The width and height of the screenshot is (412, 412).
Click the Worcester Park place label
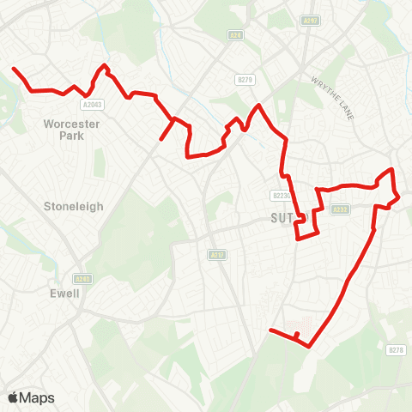click(x=72, y=130)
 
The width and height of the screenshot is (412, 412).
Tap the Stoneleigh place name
click(x=73, y=206)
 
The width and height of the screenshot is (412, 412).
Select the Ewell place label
click(x=64, y=294)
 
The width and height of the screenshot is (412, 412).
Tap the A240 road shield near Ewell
click(x=82, y=279)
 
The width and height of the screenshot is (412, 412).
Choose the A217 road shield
click(x=216, y=255)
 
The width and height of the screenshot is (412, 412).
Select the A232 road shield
click(x=341, y=209)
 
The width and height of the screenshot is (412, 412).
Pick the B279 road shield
click(x=245, y=80)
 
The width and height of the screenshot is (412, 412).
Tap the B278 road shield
click(x=395, y=349)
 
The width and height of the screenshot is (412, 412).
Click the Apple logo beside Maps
click(x=14, y=397)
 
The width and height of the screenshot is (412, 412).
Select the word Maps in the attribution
click(x=37, y=397)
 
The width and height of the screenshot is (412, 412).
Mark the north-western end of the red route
click(x=13, y=68)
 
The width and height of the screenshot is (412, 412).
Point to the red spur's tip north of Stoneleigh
click(x=161, y=138)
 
